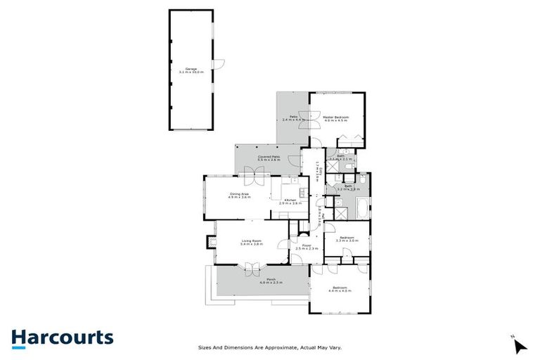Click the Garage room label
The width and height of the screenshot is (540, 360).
pos(191,70)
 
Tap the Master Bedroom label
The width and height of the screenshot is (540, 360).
pos(337,118)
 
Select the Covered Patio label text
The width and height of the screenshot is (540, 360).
pos(269,158)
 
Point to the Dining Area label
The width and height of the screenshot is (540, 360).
pos(240,195)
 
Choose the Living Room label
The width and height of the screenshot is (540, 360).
pos(251,243)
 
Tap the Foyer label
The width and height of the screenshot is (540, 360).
pos(307,247)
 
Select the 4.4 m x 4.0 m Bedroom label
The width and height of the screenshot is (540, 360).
pos(340,288)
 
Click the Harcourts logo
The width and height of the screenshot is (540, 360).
pos(62,337)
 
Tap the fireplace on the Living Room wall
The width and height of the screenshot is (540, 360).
pos(210,243)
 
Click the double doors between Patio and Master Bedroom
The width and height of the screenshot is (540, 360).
pos(307,118)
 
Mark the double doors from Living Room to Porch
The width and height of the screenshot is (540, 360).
pos(251,268)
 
